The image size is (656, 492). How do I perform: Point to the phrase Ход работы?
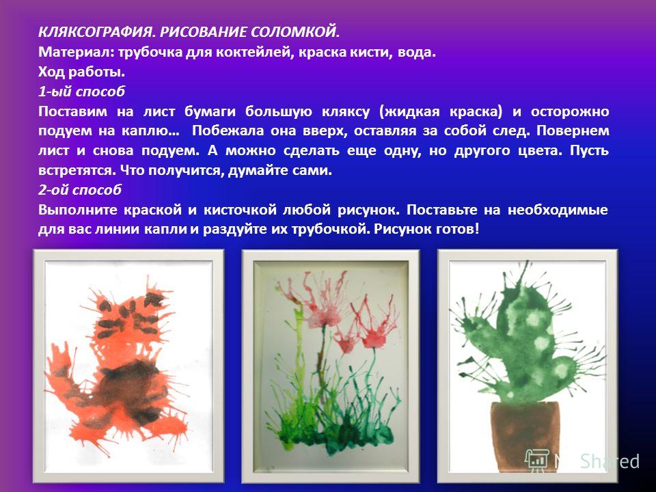pos(81,72)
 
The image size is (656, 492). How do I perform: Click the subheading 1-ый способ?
pos(81,92)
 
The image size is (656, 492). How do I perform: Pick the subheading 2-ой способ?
pos(80,190)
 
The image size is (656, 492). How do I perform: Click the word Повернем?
pos(573,131)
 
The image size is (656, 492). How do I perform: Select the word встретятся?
pos(76,170)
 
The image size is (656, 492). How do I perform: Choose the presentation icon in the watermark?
pos(536,461)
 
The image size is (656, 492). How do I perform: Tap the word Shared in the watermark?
pos(610,461)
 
